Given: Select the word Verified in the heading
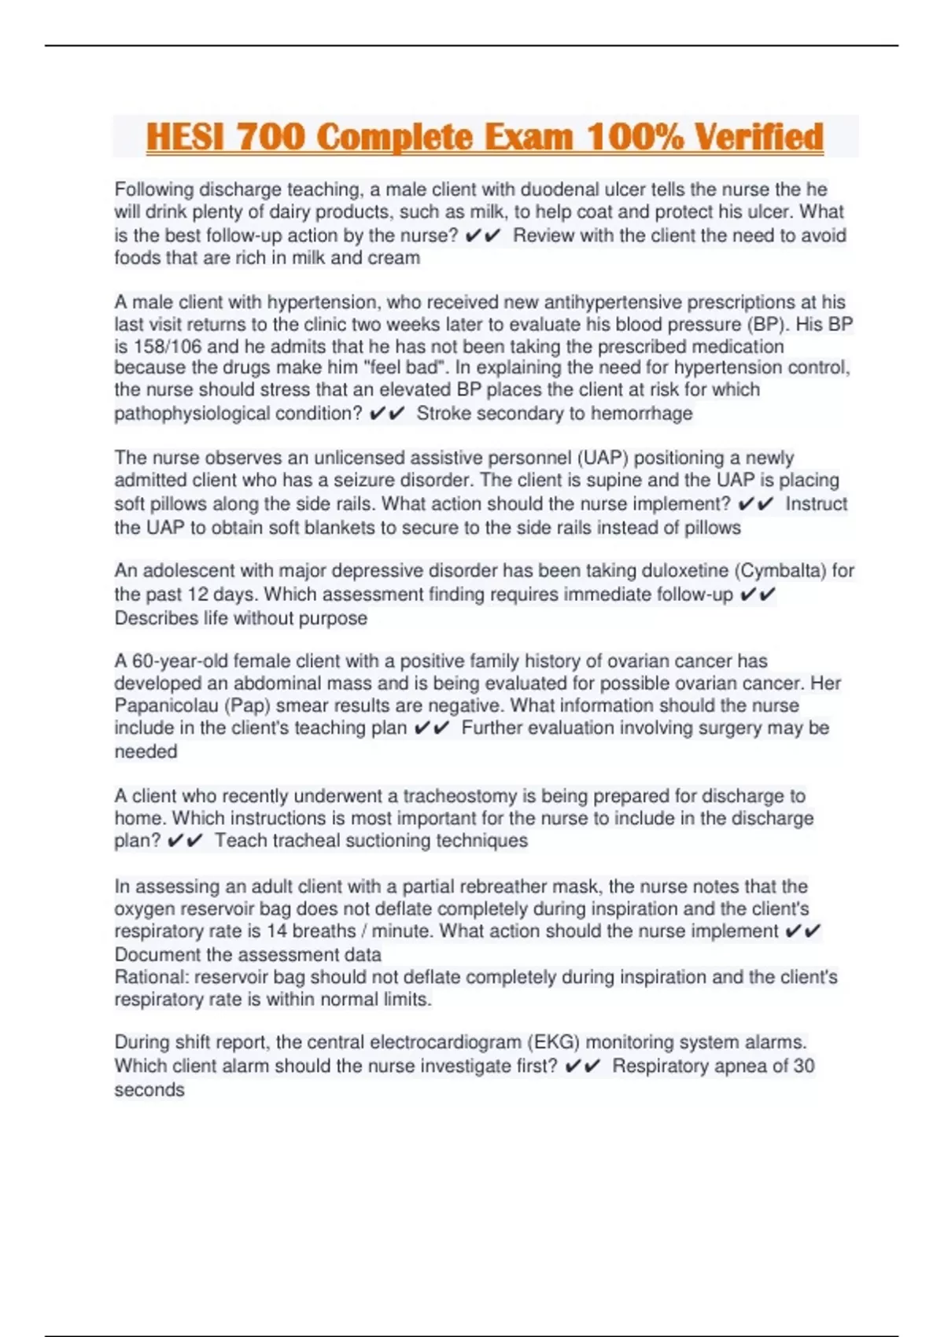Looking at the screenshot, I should [x=759, y=137].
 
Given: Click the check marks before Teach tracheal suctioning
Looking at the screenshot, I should [x=185, y=842].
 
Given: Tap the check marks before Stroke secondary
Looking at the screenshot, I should [x=386, y=414].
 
